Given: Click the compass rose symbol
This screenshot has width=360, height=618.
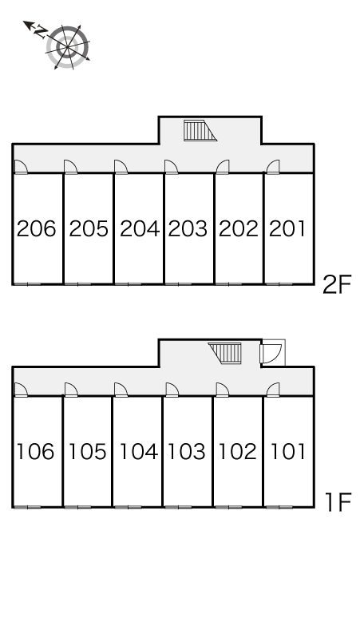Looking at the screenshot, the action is pos(68,47).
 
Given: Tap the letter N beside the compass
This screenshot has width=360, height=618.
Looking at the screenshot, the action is pos(41,31).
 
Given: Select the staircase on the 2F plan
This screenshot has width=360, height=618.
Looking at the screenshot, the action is pos(200,130).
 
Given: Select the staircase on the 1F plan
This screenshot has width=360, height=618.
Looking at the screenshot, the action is pos(225,353).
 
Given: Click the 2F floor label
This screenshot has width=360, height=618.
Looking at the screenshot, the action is pos(336,284).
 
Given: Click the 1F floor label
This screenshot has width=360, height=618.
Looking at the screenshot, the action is pos(338,502).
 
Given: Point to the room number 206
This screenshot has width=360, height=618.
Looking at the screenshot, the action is pos(36,228).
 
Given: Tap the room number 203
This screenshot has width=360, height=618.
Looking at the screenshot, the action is pos(188,228).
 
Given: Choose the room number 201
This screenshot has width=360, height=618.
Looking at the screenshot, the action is pos(287,228).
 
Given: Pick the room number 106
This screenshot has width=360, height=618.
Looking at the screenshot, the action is pos(35,451).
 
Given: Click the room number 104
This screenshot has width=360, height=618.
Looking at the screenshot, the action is pos(138,451).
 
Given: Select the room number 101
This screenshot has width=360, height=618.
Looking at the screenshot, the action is pos(288,451).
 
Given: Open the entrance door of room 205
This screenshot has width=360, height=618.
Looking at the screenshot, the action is pos(70,167).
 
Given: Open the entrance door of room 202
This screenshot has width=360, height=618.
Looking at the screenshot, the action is pos(223,167).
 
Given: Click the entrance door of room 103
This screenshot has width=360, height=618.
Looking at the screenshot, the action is pos(172,390).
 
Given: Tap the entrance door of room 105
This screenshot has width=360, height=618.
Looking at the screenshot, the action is pos(71,390).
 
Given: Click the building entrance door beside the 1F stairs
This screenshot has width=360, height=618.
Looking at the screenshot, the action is pos(271,353).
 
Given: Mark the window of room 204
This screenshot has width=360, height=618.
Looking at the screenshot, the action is pos(129,283).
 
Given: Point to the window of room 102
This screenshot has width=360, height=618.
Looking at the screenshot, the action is pos(228,507).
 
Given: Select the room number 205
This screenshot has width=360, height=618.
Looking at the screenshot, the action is pos(89,228).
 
